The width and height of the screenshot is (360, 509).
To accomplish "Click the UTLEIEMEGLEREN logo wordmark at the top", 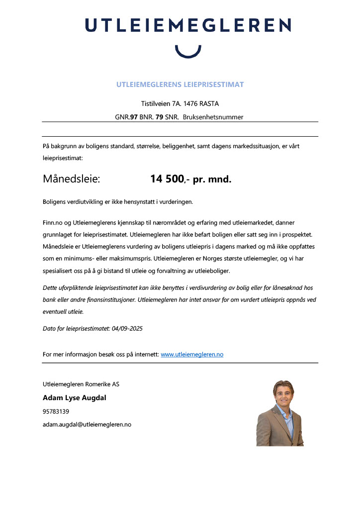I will (188, 25).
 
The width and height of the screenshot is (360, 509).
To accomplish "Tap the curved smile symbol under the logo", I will (188, 51).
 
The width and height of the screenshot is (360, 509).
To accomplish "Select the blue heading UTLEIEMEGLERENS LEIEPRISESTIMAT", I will (180, 85).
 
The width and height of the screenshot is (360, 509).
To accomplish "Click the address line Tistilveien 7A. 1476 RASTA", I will (180, 104).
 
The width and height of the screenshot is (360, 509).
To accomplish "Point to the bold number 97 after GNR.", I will (133, 117).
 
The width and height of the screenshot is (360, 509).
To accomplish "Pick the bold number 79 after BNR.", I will (160, 117).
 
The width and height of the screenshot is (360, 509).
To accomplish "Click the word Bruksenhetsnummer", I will (213, 117).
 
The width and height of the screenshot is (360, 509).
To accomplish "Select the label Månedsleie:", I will (72, 179).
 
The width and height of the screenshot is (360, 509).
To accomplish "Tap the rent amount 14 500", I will (167, 179).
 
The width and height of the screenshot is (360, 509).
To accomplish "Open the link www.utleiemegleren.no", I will (192, 354).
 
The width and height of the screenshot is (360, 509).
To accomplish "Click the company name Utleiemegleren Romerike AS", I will (81, 384).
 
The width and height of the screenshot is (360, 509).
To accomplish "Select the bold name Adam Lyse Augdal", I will (75, 398).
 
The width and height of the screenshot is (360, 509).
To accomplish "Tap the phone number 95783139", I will (56, 412).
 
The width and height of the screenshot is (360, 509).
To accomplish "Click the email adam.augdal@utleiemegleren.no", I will (87, 424).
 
